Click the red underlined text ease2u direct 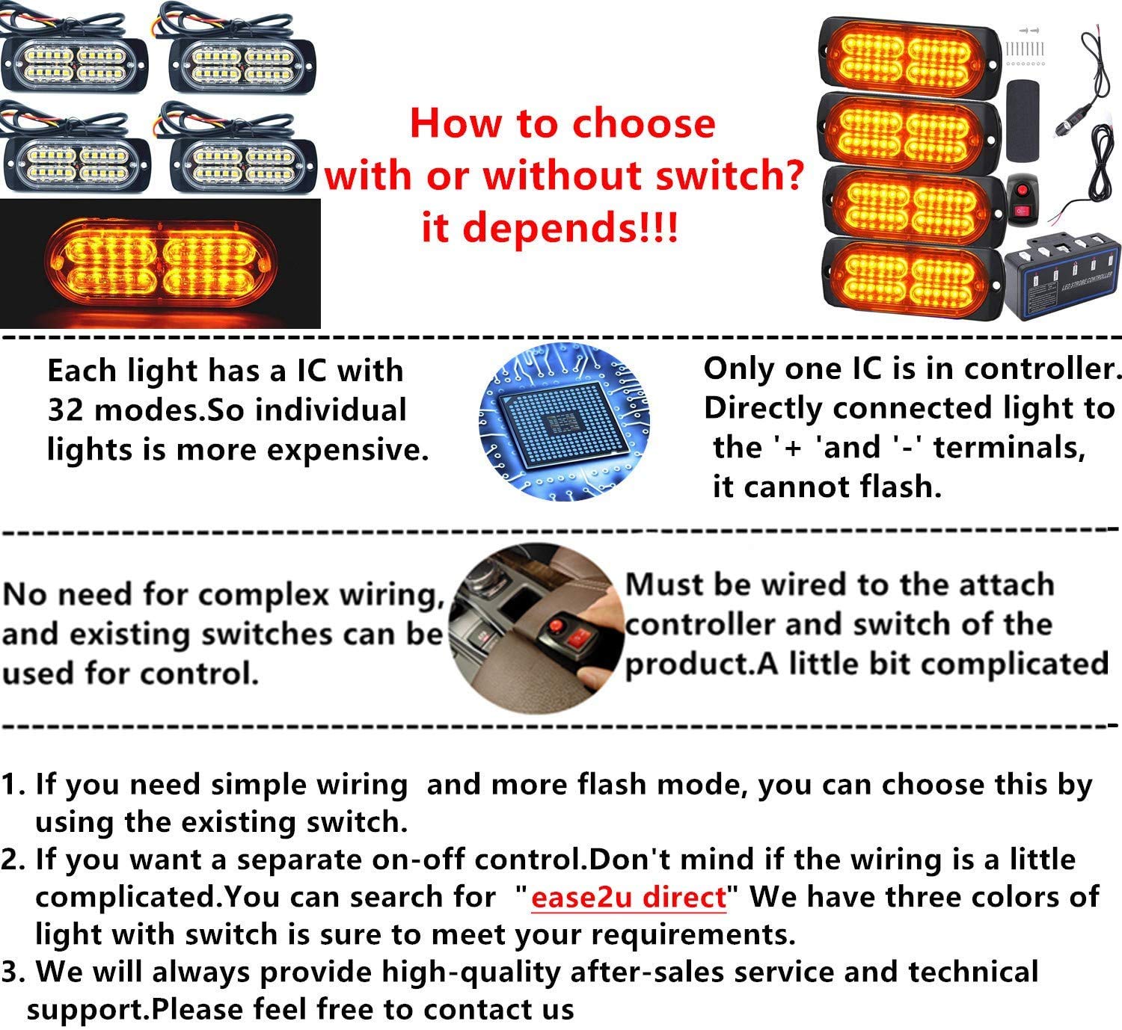tap(628, 897)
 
